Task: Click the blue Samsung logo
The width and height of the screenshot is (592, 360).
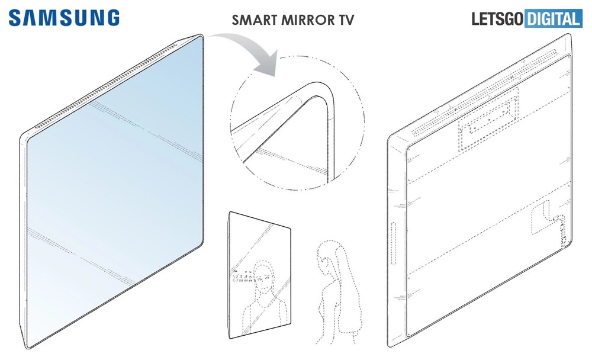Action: tap(64, 18)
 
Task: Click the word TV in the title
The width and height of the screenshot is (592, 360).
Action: tap(346, 20)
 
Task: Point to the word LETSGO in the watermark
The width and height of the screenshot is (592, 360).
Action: tap(498, 19)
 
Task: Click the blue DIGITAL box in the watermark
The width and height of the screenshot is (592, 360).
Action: tap(553, 19)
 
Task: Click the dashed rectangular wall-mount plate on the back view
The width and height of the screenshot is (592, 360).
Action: tap(488, 119)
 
